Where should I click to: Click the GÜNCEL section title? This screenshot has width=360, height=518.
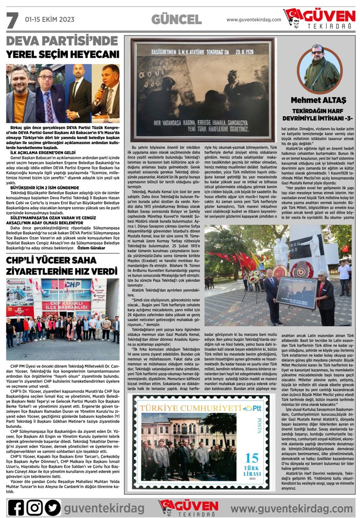tap(176, 20)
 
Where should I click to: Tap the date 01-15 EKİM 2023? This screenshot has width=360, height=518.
tap(50, 19)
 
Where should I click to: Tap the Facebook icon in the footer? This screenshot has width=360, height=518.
tap(16, 507)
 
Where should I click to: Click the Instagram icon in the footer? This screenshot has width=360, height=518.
tap(34, 507)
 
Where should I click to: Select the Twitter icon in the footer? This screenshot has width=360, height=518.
tap(52, 507)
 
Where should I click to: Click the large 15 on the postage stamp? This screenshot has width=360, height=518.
tap(251, 457)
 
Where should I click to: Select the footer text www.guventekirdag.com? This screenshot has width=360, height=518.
tap(292, 507)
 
